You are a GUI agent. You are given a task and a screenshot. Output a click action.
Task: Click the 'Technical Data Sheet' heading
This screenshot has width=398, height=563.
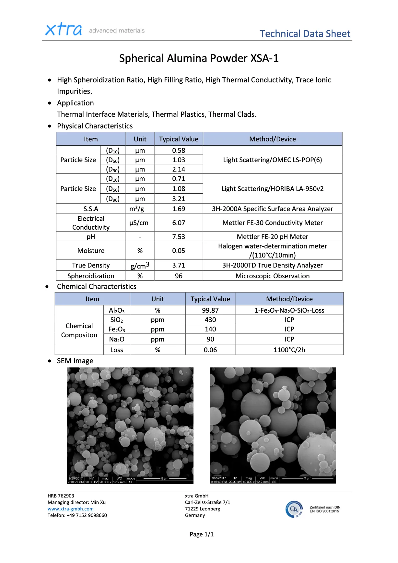pyautogui.click(x=305, y=34)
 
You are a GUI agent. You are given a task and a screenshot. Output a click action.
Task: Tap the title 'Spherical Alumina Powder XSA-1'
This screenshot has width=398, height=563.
pyautogui.click(x=199, y=58)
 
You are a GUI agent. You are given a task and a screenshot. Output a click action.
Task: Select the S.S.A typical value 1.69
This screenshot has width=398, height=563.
pyautogui.click(x=179, y=209)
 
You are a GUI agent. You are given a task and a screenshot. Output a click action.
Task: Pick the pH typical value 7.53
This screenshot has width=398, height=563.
pyautogui.click(x=179, y=237)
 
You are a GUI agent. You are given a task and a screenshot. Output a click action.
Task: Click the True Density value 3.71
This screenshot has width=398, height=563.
pyautogui.click(x=179, y=265)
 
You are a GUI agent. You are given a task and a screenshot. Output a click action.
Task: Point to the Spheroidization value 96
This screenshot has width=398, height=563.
pyautogui.click(x=179, y=276)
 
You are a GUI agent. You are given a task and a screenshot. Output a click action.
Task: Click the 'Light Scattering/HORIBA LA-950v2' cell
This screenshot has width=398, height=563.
pyautogui.click(x=272, y=189)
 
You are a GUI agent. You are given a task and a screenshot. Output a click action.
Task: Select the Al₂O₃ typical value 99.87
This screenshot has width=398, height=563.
pyautogui.click(x=210, y=310)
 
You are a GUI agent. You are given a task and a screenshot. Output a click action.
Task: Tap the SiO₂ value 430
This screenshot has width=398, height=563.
pyautogui.click(x=210, y=320)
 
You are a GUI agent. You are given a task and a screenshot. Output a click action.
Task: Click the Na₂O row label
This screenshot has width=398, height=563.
pyautogui.click(x=117, y=339)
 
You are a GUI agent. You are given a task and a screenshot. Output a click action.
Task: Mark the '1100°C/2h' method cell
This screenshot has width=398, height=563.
pyautogui.click(x=289, y=350)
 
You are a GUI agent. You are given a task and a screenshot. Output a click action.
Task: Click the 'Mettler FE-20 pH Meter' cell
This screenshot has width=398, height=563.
pyautogui.click(x=272, y=237)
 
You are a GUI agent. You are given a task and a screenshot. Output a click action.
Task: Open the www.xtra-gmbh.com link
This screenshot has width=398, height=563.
pyautogui.click(x=71, y=509)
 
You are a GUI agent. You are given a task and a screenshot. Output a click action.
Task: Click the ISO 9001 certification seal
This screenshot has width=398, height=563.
pyautogui.click(x=294, y=509)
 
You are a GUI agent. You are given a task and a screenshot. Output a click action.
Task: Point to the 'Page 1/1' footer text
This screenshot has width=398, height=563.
pyautogui.click(x=202, y=534)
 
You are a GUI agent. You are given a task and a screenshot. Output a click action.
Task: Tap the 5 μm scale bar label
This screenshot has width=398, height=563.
pyautogui.click(x=165, y=479)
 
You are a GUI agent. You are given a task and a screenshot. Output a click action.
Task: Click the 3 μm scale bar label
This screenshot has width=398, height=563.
pyautogui.click(x=307, y=478)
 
